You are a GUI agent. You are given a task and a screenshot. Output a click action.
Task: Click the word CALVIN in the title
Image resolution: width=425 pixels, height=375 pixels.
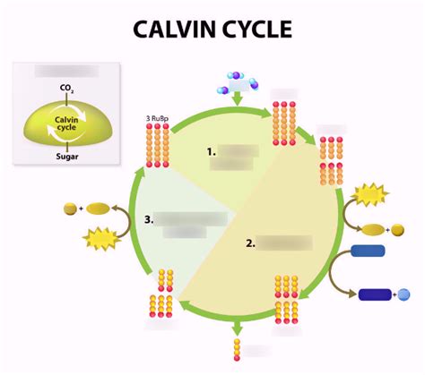coord(172,29)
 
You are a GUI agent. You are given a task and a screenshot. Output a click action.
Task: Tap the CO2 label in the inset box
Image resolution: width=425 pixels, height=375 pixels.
coord(66,88)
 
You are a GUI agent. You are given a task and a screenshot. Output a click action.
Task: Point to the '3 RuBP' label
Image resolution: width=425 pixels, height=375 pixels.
coord(158,116)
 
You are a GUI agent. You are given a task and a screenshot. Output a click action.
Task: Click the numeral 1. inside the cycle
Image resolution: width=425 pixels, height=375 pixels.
coord(212,152)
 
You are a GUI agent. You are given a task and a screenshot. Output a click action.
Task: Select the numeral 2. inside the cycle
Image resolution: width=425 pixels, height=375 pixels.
coord(250,242)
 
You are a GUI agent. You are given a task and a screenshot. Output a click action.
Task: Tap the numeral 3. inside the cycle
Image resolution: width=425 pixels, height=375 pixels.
coord(148,218)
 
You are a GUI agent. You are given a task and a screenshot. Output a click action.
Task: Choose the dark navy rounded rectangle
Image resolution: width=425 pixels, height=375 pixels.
coord(376,294)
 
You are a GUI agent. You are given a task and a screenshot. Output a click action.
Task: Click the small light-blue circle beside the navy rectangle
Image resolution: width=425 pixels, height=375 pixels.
coord(403,294)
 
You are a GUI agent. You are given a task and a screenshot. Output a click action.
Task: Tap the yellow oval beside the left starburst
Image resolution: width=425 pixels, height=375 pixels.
coord(97,209)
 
